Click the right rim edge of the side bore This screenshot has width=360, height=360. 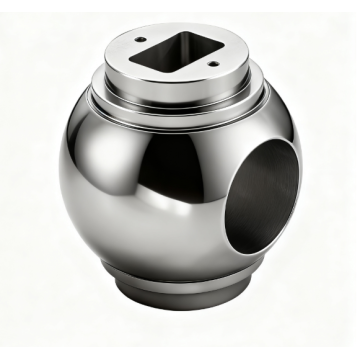click(x=298, y=180)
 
